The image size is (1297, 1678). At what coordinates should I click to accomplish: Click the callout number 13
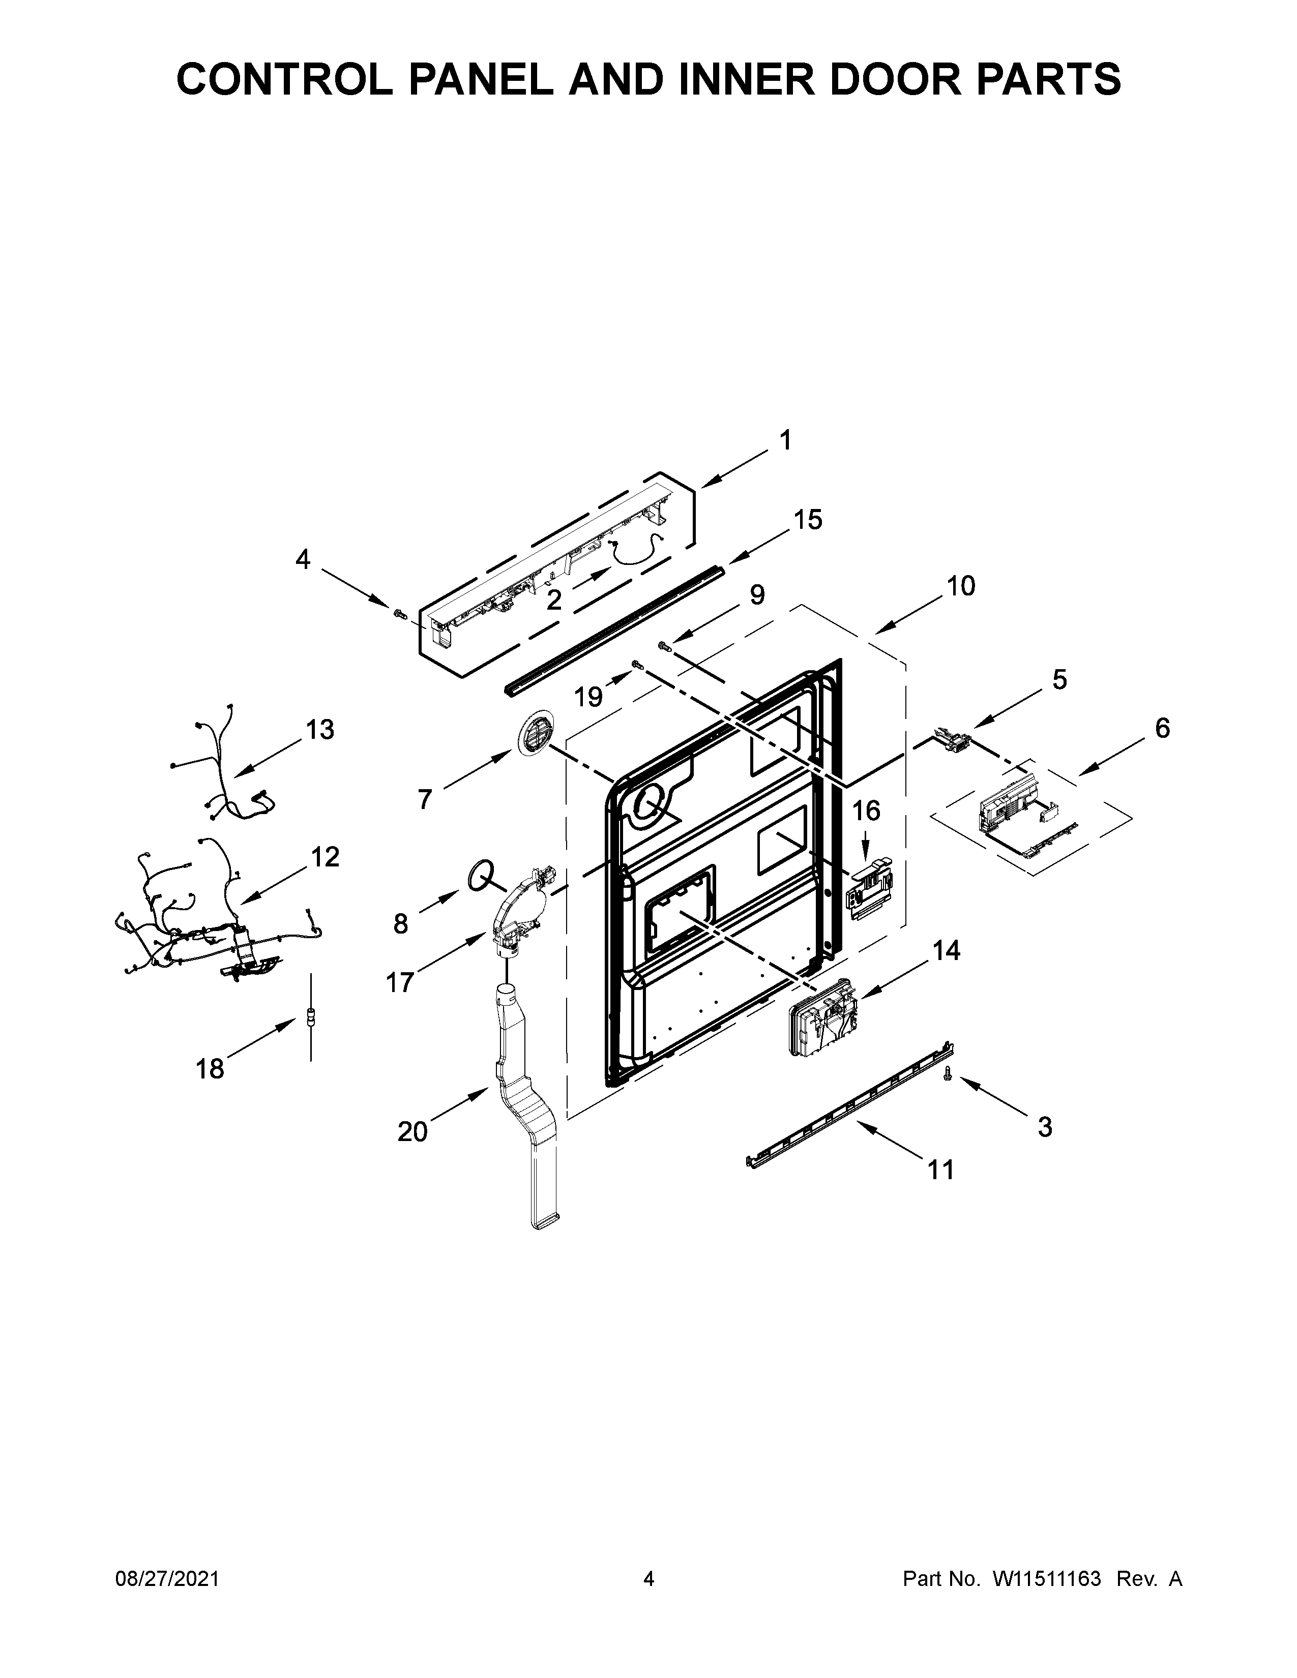(319, 729)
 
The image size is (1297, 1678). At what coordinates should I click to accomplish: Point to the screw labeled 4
(399, 613)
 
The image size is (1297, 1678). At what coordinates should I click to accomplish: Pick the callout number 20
(412, 1132)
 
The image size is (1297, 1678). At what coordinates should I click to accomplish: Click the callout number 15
(808, 520)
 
